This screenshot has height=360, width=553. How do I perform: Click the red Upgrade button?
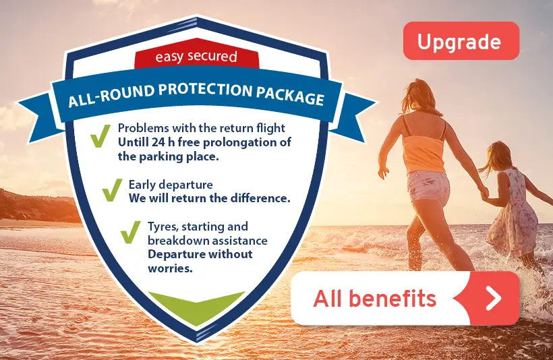coord(461,40)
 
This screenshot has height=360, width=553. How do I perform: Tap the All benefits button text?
coord(374,299)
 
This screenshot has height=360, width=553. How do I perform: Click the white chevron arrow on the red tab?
coord(494,298)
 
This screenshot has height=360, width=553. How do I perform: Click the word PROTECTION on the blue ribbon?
coord(205,90)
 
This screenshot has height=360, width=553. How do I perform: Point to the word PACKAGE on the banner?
coord(290,96)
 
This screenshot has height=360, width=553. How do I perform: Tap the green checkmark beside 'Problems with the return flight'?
coord(100,136)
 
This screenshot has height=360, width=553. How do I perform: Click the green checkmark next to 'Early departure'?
coord(112,190)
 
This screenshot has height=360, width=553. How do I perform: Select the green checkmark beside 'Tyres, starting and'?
coord(130,232)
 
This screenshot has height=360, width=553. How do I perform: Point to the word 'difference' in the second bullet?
coord(260,198)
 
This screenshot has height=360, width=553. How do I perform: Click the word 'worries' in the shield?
coord(171,268)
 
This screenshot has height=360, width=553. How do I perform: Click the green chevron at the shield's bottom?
coord(196,307)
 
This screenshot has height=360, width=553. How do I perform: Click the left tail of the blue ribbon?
coord(40,118)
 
